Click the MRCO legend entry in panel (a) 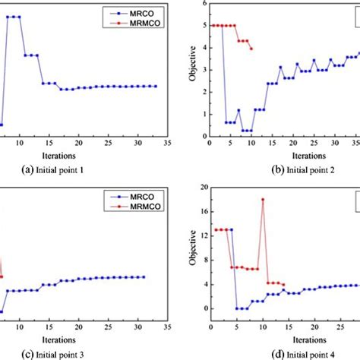coord(141,12)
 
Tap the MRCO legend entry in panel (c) coord(141,196)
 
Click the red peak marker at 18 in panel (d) coord(263,200)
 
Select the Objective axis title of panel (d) coord(191,253)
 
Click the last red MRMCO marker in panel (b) coord(251,49)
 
